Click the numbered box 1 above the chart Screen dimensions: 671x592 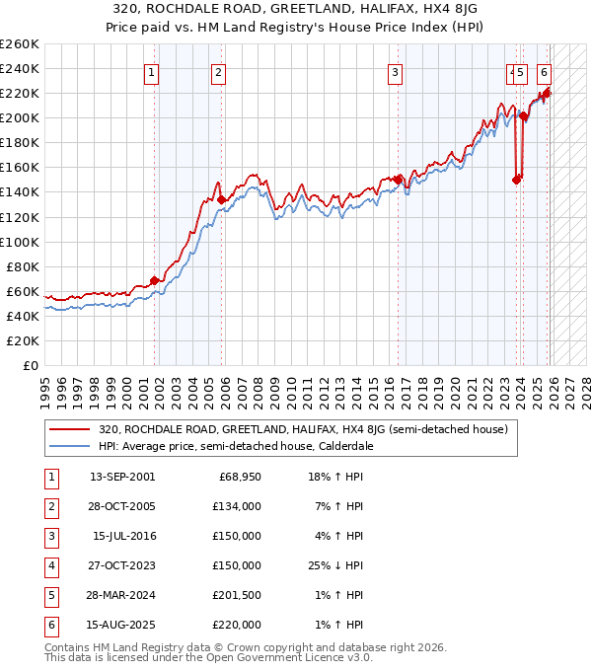[151, 71]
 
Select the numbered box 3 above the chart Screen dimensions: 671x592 [395, 71]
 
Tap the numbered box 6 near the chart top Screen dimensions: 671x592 [545, 71]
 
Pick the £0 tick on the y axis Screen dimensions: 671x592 [30, 365]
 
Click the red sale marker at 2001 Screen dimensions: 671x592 [154, 280]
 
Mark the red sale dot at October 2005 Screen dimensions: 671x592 [221, 199]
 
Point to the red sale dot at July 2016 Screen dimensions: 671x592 [399, 180]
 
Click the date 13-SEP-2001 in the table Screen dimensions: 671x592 [122, 478]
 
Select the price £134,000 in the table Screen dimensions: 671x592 [237, 507]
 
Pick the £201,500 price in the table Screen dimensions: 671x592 [237, 596]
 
